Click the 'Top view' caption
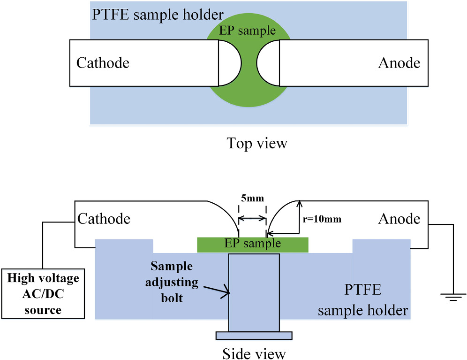click(256, 143)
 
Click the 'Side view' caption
click(254, 352)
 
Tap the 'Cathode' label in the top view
click(103, 63)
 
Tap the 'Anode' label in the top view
click(399, 63)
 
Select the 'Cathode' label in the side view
click(104, 219)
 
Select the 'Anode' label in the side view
click(399, 219)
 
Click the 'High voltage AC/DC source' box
click(43, 294)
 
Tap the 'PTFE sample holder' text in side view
click(362, 300)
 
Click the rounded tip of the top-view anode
click(267, 63)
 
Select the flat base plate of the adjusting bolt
click(254, 335)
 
